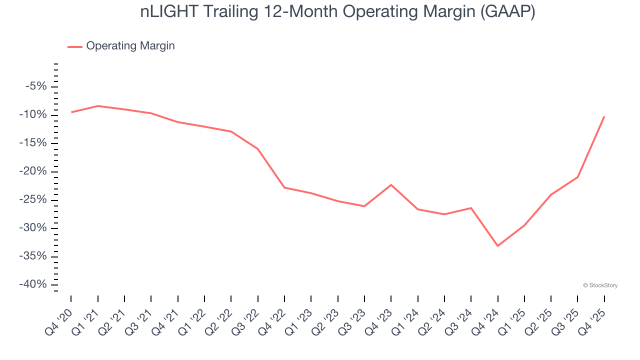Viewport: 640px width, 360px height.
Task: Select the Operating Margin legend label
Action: tap(130, 46)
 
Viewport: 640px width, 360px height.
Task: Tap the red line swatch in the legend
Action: tap(75, 46)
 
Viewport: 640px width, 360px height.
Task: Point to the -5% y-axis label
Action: tap(36, 86)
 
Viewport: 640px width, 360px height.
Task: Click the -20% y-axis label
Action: tap(33, 171)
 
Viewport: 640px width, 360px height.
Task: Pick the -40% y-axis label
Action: tap(33, 284)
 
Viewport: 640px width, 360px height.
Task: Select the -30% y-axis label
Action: tap(33, 228)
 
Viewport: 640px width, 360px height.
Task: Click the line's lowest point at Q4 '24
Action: tap(497, 245)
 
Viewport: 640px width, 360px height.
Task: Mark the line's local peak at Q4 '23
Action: tap(391, 185)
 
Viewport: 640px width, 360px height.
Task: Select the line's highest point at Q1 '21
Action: tap(97, 106)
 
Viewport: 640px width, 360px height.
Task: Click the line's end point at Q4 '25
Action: tap(604, 117)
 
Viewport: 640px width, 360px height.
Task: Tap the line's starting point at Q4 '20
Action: tap(71, 112)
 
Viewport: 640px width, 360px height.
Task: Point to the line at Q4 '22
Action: tap(284, 187)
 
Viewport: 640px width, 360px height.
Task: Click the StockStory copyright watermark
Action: tap(600, 285)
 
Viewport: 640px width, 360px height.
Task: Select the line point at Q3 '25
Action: tap(577, 177)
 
